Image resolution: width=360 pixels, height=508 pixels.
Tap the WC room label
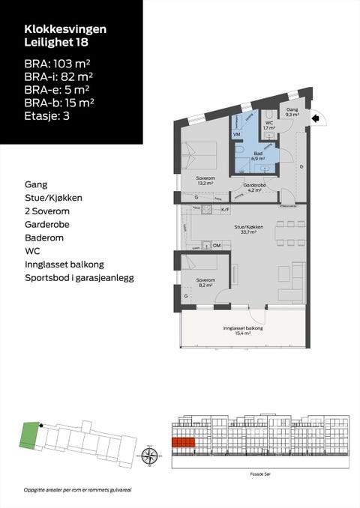pyautogui.click(x=268, y=125)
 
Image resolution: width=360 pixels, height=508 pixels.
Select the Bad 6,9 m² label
pyautogui.click(x=258, y=156)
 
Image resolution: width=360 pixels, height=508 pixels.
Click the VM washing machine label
pyautogui.click(x=236, y=134)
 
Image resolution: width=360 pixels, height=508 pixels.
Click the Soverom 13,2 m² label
pyautogui.click(x=205, y=180)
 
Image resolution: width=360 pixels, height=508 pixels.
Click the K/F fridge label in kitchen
pyautogui.click(x=225, y=210)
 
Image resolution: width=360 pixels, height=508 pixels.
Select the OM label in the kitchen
pyautogui.click(x=217, y=245)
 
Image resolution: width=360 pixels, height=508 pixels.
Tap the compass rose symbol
pyautogui.click(x=149, y=454)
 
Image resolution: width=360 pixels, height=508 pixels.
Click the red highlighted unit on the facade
pyautogui.click(x=184, y=442)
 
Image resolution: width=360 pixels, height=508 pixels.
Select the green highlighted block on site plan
pyautogui.click(x=28, y=435)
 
